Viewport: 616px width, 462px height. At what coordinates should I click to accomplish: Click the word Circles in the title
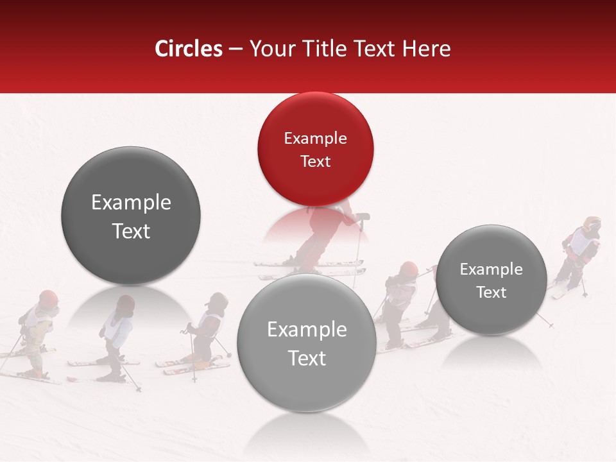189,49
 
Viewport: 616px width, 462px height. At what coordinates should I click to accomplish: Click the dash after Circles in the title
235,49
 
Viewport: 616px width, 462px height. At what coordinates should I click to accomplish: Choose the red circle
315,149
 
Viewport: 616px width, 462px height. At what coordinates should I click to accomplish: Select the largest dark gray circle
131,216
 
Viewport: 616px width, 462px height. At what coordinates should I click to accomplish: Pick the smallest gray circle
492,280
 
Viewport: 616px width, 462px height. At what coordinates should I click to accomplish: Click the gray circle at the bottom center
307,343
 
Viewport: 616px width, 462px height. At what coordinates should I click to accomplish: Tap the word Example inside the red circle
315,139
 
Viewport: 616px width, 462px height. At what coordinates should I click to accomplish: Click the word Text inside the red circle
315,161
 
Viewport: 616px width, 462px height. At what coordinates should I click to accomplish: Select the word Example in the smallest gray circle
492,269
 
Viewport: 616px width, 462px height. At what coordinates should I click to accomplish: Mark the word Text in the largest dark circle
131,231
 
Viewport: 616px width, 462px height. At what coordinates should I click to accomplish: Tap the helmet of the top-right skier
592,224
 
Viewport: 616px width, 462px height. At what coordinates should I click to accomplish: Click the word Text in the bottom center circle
307,358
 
